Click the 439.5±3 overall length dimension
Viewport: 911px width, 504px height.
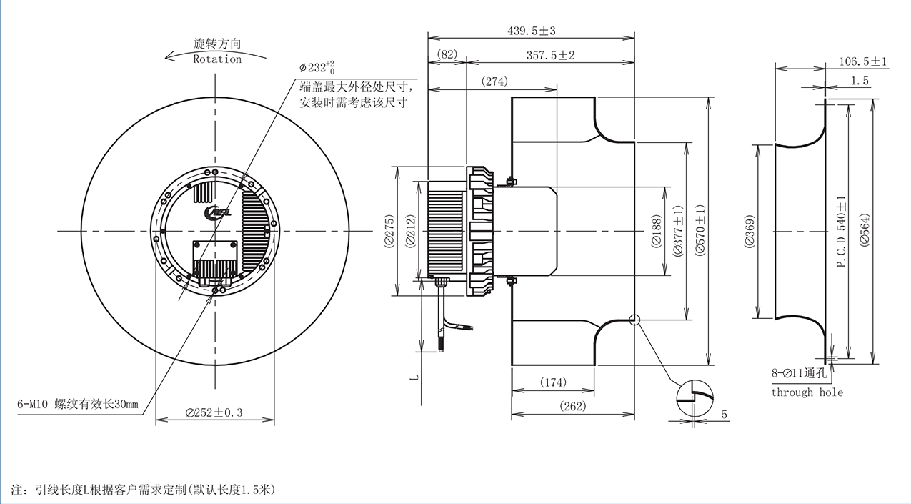(531, 31)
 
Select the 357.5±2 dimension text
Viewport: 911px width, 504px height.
(551, 55)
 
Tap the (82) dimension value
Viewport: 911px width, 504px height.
(447, 54)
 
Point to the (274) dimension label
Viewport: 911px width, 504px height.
(494, 81)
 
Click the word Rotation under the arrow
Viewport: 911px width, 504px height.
(217, 59)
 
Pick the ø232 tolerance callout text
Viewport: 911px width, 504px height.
(317, 67)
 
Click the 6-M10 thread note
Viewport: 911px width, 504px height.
(78, 405)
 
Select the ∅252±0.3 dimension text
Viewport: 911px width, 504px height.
(214, 413)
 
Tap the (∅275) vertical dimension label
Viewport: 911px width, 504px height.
(389, 231)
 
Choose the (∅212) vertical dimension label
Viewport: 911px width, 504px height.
(411, 231)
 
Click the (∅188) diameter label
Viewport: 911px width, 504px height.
(657, 232)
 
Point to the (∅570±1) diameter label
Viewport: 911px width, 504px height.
(700, 230)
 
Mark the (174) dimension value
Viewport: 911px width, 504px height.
(553, 382)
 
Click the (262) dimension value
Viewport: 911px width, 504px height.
(573, 406)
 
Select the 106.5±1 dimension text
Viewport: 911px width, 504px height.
(863, 61)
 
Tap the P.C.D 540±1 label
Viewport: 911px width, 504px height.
(842, 232)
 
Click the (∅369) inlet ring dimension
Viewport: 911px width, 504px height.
(750, 231)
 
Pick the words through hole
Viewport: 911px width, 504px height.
(807, 392)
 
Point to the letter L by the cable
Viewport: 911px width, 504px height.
(414, 377)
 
